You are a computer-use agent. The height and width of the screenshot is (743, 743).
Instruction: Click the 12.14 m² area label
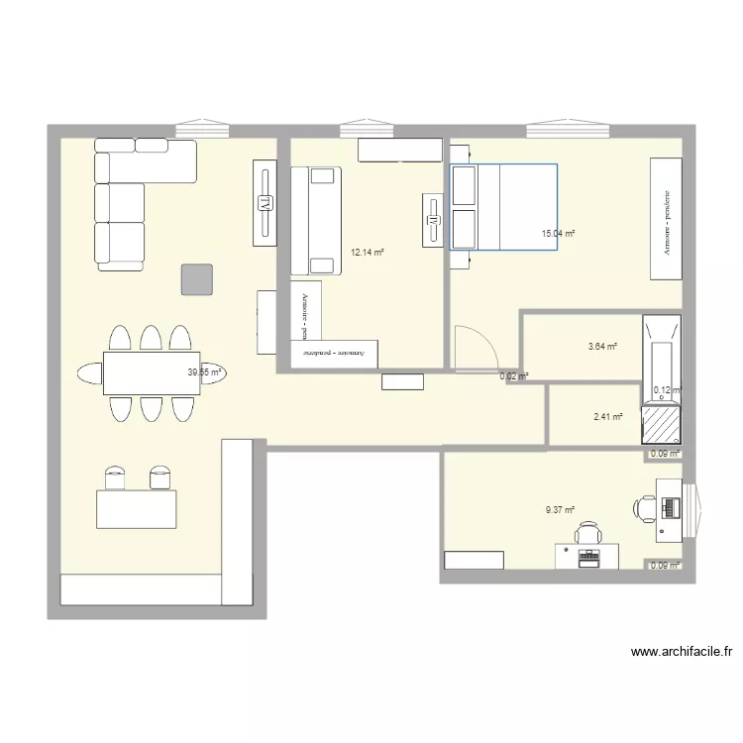click(x=367, y=253)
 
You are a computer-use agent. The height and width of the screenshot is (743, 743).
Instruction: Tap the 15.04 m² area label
click(x=558, y=234)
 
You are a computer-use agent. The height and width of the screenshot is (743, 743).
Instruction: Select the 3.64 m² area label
click(x=602, y=347)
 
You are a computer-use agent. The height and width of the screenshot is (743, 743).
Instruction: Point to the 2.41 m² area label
click(x=608, y=417)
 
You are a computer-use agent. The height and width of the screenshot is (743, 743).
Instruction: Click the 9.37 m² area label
click(x=560, y=510)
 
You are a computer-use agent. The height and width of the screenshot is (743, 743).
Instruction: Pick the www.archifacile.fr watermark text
click(x=681, y=652)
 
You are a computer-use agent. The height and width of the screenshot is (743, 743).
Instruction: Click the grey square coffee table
click(x=196, y=279)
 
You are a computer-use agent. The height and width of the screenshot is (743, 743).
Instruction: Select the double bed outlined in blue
click(x=503, y=206)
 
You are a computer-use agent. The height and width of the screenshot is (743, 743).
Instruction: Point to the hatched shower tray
click(x=661, y=424)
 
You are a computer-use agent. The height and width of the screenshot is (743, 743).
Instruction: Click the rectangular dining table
click(x=151, y=372)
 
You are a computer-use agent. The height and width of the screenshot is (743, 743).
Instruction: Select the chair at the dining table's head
click(x=89, y=372)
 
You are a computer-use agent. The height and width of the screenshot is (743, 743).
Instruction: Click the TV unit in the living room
click(x=265, y=204)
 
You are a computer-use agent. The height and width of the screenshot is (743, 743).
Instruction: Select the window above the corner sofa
click(x=202, y=130)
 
